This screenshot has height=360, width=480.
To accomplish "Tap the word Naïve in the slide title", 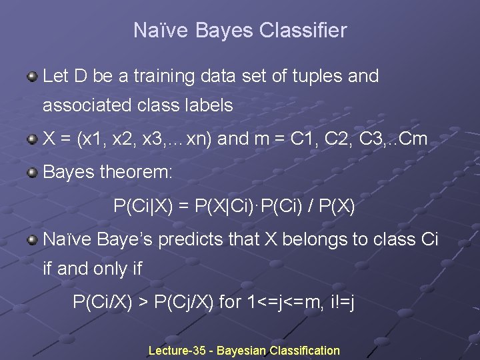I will click(x=155, y=31).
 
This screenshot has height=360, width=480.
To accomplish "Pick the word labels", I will click(x=207, y=105).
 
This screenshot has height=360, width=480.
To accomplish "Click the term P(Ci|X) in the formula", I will click(x=141, y=207).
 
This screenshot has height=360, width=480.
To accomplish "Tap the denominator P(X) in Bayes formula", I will click(x=336, y=207).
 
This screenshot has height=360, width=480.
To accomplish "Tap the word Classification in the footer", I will click(x=305, y=351).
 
